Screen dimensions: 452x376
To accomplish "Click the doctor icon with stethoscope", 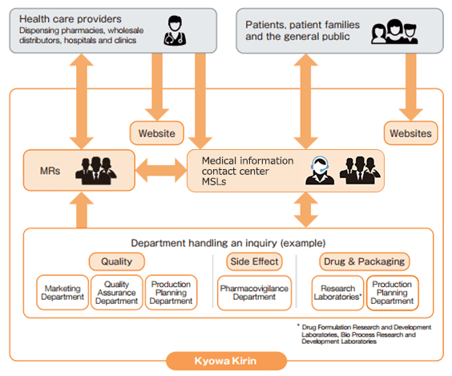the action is point(175,30).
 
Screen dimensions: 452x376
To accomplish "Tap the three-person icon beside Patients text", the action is point(394,31).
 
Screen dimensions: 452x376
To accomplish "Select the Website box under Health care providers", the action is point(157,133).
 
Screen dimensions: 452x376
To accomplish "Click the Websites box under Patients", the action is point(411,133).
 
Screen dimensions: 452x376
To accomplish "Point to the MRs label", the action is point(50,171).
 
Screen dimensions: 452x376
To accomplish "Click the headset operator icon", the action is point(320,171).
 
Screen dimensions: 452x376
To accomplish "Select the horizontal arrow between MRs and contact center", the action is point(161,170).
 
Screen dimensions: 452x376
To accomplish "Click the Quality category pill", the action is point(117,261).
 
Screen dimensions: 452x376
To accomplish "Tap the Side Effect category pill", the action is point(254,261).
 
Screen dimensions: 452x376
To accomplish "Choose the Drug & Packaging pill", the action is point(365,261).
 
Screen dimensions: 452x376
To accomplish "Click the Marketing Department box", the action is point(63,293).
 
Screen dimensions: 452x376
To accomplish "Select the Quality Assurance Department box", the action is point(117,293).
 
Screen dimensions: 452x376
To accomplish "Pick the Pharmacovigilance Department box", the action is point(254,293).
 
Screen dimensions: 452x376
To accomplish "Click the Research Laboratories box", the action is point(337,293).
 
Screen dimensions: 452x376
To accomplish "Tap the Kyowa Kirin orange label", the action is point(226,361).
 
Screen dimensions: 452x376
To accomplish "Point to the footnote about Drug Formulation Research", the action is point(365,334).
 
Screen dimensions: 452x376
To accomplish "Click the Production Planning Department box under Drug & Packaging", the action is point(393,293).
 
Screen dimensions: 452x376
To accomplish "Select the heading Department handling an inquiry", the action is point(228,243).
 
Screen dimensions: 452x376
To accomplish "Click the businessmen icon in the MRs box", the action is point(96,171).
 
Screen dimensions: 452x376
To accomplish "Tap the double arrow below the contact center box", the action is point(306,209).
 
